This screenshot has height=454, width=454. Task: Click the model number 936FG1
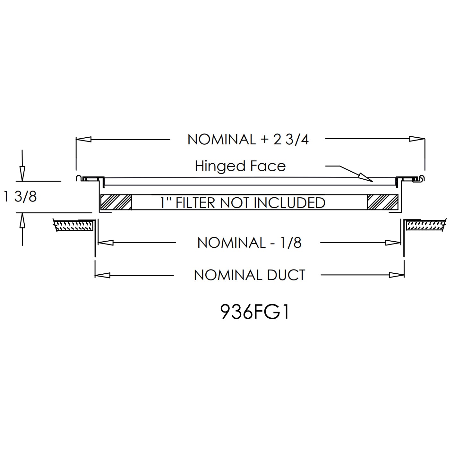(x=255, y=312)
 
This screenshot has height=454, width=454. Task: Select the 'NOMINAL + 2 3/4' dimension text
(x=248, y=140)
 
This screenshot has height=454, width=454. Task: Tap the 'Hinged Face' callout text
(x=240, y=166)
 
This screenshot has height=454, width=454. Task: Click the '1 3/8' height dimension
(x=20, y=196)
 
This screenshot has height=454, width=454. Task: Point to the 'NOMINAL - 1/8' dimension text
(x=249, y=243)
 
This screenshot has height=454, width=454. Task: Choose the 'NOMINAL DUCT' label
(x=249, y=275)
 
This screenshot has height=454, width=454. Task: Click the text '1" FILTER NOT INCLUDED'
(x=243, y=203)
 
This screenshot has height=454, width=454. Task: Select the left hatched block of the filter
(x=116, y=202)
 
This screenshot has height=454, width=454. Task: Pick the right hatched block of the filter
(x=382, y=202)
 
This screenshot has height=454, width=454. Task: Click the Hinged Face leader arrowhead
(x=366, y=177)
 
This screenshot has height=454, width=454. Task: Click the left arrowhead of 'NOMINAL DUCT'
(x=103, y=275)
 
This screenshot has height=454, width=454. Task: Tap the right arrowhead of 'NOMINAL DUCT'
(x=396, y=275)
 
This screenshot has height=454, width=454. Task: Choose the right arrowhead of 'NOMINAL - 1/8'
(x=393, y=243)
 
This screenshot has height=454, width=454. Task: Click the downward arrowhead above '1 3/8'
(x=22, y=174)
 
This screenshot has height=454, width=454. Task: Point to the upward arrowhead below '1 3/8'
(x=22, y=220)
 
